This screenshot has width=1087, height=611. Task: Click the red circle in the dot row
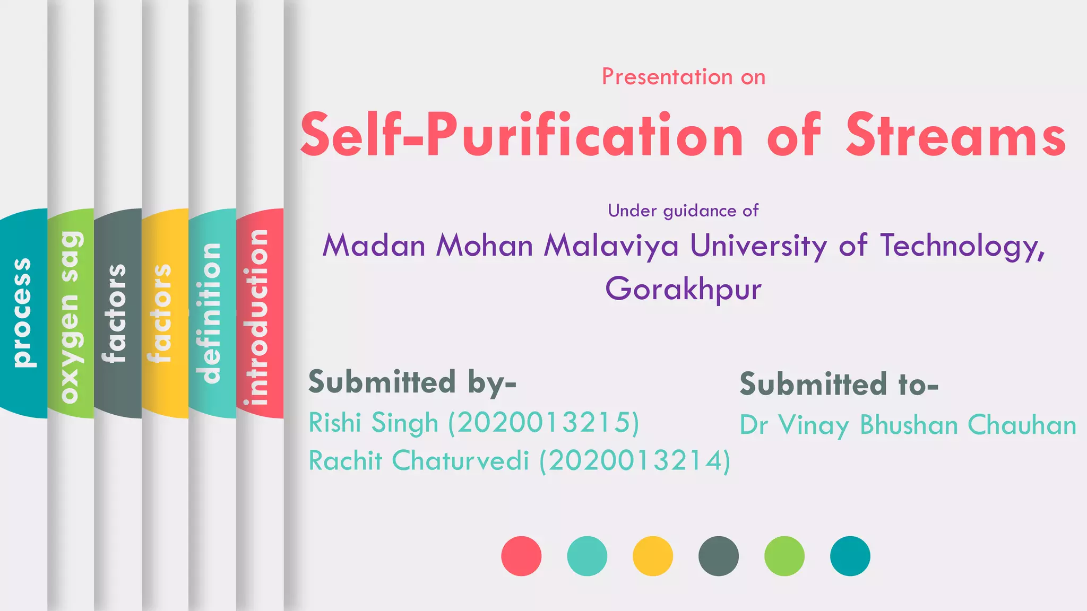click(521, 556)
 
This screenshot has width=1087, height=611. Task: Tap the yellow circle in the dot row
click(653, 556)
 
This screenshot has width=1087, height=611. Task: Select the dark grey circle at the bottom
click(719, 556)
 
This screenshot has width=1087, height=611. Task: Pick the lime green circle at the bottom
click(784, 556)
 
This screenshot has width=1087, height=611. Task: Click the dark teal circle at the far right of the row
click(850, 556)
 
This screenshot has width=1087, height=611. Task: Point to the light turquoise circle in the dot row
click(587, 556)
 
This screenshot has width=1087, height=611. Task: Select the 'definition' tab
click(212, 313)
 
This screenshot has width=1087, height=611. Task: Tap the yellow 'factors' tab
click(165, 313)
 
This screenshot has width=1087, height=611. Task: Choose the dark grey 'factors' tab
click(118, 313)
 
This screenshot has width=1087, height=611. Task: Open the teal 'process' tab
click(23, 313)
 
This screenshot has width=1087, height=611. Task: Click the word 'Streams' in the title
click(955, 135)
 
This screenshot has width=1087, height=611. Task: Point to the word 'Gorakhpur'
click(683, 289)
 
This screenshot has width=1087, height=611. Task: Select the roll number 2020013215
click(543, 423)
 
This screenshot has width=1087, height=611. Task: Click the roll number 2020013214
click(635, 460)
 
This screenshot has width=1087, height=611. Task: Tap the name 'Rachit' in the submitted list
click(346, 460)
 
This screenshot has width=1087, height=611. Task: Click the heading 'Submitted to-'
click(839, 384)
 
